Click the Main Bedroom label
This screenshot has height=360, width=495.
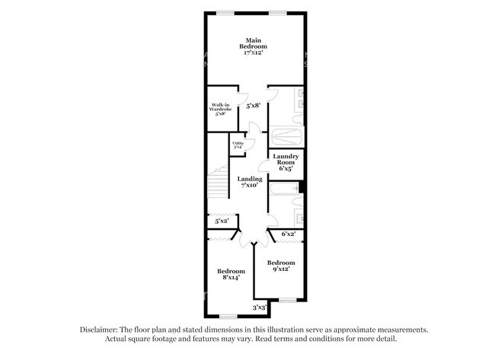pos(255,46)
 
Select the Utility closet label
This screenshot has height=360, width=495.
pos(238,145)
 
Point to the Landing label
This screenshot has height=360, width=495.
pos(250,182)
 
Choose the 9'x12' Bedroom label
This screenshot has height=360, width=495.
pos(280,266)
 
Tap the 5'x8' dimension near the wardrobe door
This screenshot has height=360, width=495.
pos(252,107)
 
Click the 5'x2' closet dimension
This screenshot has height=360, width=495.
pos(222,221)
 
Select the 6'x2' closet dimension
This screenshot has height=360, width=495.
pos(288,234)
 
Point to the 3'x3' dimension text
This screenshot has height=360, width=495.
pos(260,307)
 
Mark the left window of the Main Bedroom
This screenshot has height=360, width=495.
pos(224,11)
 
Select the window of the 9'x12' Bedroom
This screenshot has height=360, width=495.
pos(287,301)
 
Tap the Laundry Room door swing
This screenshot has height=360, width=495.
pos(266,165)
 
